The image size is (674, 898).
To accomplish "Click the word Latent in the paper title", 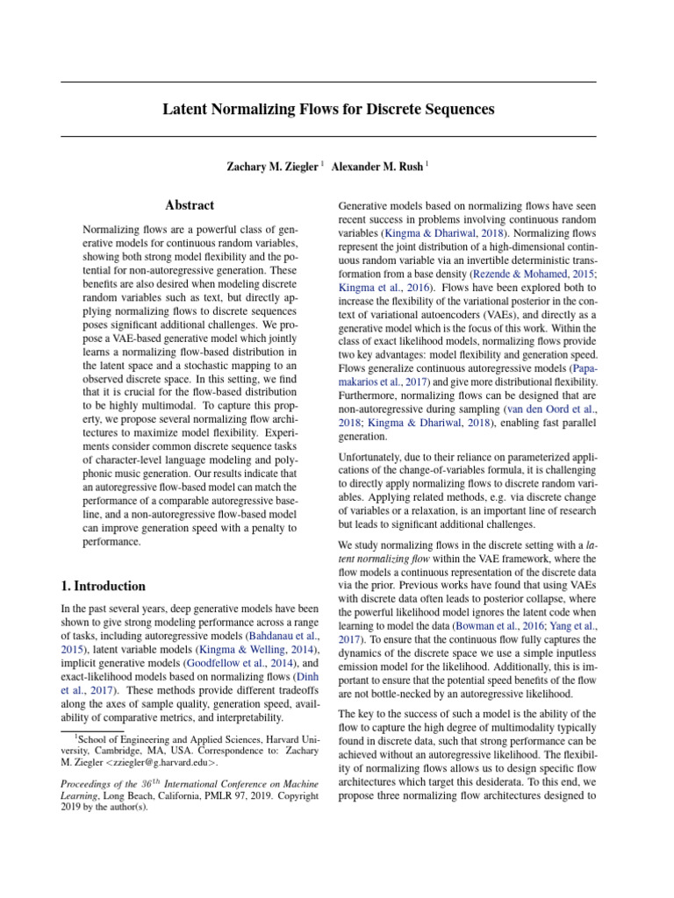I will [x=185, y=110].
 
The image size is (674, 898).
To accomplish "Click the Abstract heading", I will [x=190, y=205].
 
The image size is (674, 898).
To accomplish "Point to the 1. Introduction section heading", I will [x=104, y=586].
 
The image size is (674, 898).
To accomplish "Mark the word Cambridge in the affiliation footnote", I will [x=119, y=747].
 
